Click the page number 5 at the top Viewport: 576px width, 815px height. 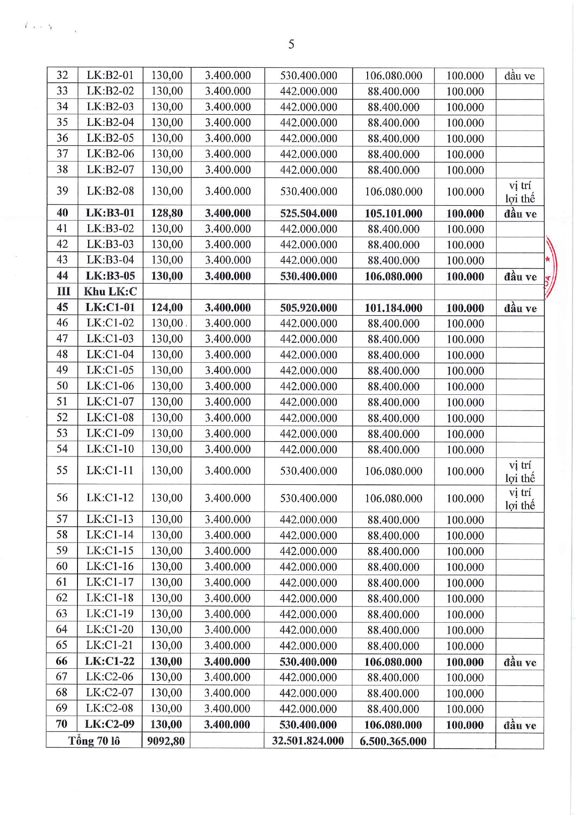click(x=291, y=44)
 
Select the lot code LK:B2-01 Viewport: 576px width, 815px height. click(x=110, y=75)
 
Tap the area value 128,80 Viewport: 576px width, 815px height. click(x=167, y=213)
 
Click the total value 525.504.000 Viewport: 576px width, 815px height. click(x=308, y=214)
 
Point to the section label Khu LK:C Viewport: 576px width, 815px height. click(x=110, y=292)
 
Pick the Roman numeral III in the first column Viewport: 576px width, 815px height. click(x=63, y=292)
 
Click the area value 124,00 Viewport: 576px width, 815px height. click(x=167, y=307)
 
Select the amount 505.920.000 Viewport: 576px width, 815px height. click(x=308, y=308)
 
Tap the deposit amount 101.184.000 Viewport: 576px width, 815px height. click(x=393, y=308)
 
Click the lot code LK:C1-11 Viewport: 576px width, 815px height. click(x=110, y=470)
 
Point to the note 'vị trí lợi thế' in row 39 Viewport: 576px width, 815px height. click(x=520, y=192)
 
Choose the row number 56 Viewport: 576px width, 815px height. click(x=62, y=498)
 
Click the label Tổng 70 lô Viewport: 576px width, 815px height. click(x=94, y=741)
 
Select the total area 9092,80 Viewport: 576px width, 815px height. click(x=166, y=741)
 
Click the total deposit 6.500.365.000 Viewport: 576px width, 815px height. click(x=393, y=741)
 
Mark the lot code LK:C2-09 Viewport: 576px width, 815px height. click(x=110, y=724)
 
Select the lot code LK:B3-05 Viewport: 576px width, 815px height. click(x=110, y=276)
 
